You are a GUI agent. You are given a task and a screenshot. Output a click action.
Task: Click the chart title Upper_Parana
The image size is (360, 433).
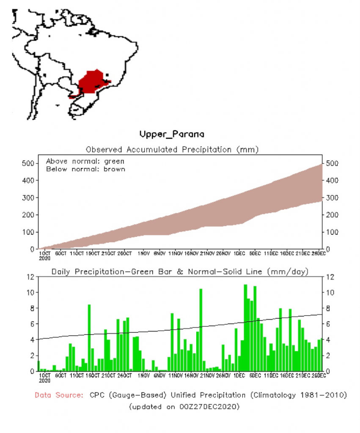coord(172,134)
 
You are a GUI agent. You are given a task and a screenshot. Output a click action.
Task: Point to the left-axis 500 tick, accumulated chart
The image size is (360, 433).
coord(28,164)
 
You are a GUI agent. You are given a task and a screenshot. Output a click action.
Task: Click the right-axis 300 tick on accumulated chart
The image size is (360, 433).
coord(331,198)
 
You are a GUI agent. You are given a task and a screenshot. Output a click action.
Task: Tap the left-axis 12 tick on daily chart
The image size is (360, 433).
coord(30,277)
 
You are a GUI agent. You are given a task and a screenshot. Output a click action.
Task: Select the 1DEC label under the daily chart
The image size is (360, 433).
coord(239,375)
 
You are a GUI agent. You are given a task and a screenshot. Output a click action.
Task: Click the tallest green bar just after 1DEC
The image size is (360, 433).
coord(245,328)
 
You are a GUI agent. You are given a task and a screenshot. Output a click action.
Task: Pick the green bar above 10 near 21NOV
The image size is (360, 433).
coord(201,330)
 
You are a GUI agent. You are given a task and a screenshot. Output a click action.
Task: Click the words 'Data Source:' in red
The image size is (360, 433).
coord(59,395)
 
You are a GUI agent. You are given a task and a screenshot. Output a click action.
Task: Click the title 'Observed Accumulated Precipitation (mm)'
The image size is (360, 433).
coord(172,149)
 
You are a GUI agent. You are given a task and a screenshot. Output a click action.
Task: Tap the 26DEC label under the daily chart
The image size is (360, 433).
coord(318,375)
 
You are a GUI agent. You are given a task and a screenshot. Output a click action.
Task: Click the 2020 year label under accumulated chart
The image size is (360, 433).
coord(44,258)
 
